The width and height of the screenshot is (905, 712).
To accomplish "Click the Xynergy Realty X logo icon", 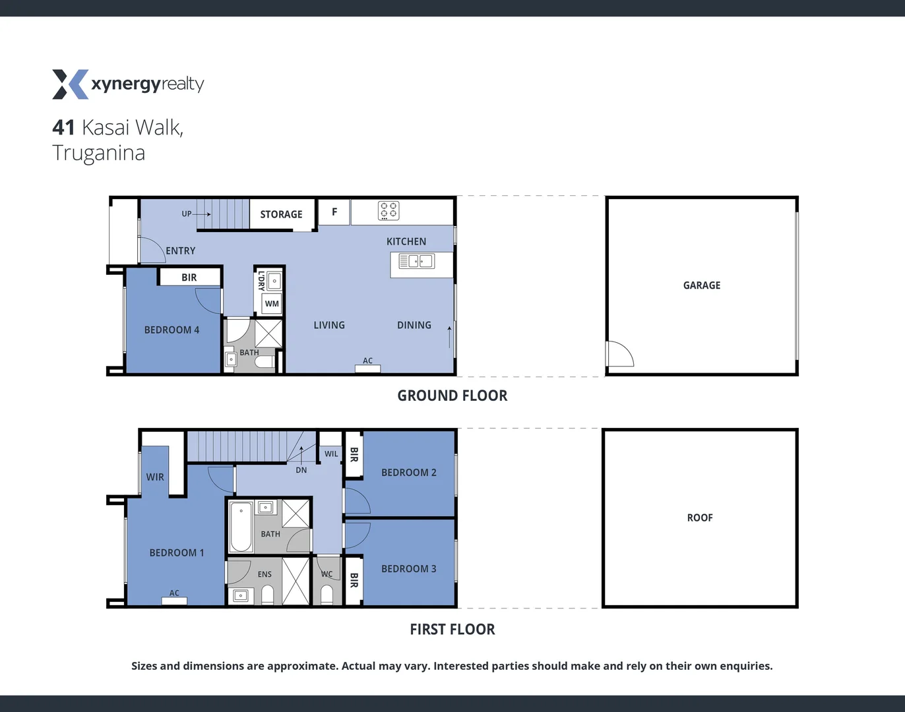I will pos(70,84).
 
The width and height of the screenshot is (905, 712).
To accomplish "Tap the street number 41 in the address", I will pos(63,127).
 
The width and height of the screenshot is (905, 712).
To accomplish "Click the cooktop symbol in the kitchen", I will pos(389,210).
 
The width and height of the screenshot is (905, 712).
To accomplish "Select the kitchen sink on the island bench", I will pos(416,261).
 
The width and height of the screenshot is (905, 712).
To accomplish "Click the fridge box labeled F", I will pos(334,212).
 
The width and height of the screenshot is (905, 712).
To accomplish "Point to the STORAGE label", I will pos(281,214).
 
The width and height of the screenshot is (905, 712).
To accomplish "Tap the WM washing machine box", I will pos(272,304).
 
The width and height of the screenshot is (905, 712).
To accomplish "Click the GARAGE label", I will pos(702,285).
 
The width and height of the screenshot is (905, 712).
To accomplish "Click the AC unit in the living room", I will pos(367,369).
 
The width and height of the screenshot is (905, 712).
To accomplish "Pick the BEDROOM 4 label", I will pos(172,330).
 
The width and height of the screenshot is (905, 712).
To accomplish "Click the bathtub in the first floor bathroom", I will pos(241,527).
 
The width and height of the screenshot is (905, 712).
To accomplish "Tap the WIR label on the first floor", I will pos(155,477).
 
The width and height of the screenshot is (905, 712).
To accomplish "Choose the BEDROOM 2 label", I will pos(408,473).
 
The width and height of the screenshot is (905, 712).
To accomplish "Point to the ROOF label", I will pos(700,518).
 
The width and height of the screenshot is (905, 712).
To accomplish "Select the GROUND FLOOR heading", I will pos(452,396).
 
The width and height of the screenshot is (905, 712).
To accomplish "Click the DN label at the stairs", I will pos(301,470).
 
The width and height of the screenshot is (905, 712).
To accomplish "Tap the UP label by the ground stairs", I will pos(187,214).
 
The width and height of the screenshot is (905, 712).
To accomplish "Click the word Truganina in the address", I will pos(99,153).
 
